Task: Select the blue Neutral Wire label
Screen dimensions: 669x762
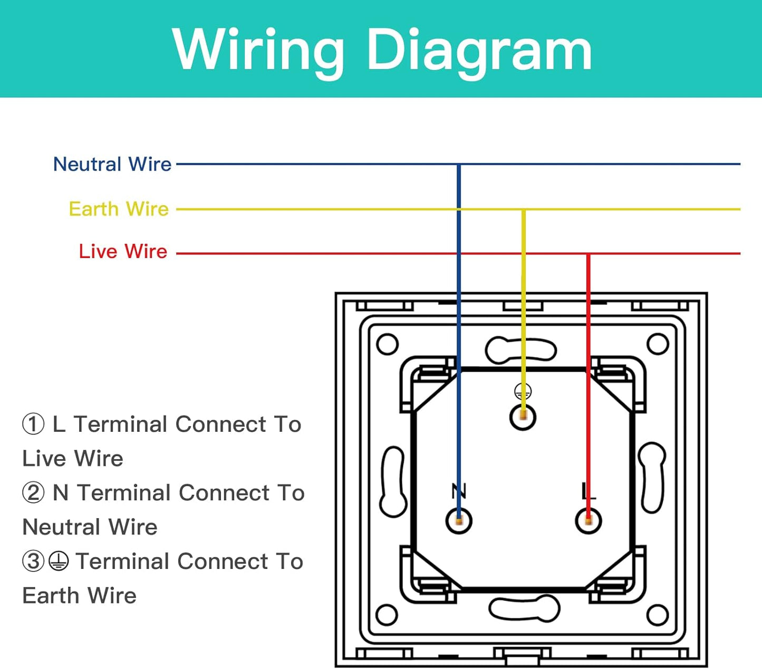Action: click(x=112, y=164)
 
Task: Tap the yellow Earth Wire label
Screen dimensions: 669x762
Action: click(x=119, y=209)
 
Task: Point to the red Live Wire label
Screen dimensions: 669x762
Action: click(x=123, y=251)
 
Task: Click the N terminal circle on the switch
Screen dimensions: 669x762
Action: click(x=459, y=521)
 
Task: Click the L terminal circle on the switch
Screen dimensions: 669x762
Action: click(x=589, y=521)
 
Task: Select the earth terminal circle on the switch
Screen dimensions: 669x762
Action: click(x=523, y=417)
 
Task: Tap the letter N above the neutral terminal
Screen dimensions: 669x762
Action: click(x=459, y=491)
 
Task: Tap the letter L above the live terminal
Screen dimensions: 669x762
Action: click(x=588, y=491)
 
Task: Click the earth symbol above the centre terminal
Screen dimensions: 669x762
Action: click(x=523, y=391)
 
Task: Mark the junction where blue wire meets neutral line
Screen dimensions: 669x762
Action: click(x=459, y=164)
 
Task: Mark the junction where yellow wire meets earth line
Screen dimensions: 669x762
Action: click(x=523, y=210)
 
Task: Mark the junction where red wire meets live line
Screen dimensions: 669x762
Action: click(x=589, y=254)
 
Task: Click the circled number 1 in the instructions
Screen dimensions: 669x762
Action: click(x=33, y=424)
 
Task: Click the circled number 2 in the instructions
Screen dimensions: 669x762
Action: click(x=33, y=493)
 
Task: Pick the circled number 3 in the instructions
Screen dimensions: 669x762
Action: click(x=33, y=561)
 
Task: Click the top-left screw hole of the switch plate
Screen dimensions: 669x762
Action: click(x=388, y=345)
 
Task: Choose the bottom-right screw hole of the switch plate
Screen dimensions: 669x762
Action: click(x=658, y=615)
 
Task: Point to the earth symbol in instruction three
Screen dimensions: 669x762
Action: click(x=59, y=561)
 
